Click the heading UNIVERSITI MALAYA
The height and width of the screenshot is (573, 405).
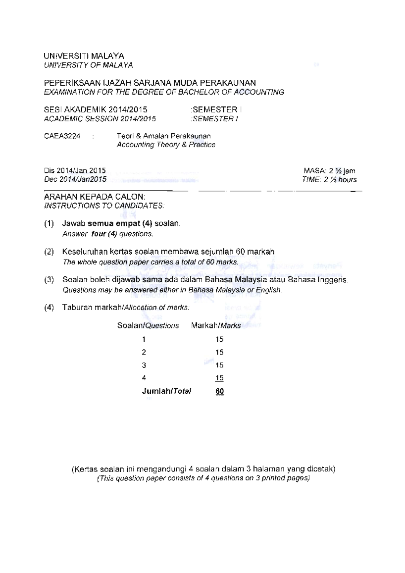coord(84,56)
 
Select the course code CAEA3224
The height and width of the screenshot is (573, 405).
coord(62,136)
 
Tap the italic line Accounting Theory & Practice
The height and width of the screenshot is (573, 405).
coord(166,145)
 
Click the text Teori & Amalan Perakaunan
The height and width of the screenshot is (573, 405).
coord(163,136)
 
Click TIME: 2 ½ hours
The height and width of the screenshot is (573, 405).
coord(329,180)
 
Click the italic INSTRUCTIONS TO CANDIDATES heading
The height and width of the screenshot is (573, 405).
coord(104,206)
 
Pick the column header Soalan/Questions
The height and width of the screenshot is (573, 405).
coord(148,326)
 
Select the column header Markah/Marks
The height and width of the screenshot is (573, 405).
coord(216,326)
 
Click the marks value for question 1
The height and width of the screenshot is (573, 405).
coord(219,339)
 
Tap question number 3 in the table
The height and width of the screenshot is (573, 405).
coord(144,365)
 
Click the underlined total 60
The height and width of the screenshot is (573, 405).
coord(219,391)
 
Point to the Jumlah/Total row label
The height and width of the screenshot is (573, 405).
coord(166,391)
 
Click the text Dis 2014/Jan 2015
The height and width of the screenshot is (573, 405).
coord(75,171)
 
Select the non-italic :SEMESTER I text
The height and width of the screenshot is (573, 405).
coord(216,110)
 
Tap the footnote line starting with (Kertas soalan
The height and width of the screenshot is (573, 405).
coord(203,469)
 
